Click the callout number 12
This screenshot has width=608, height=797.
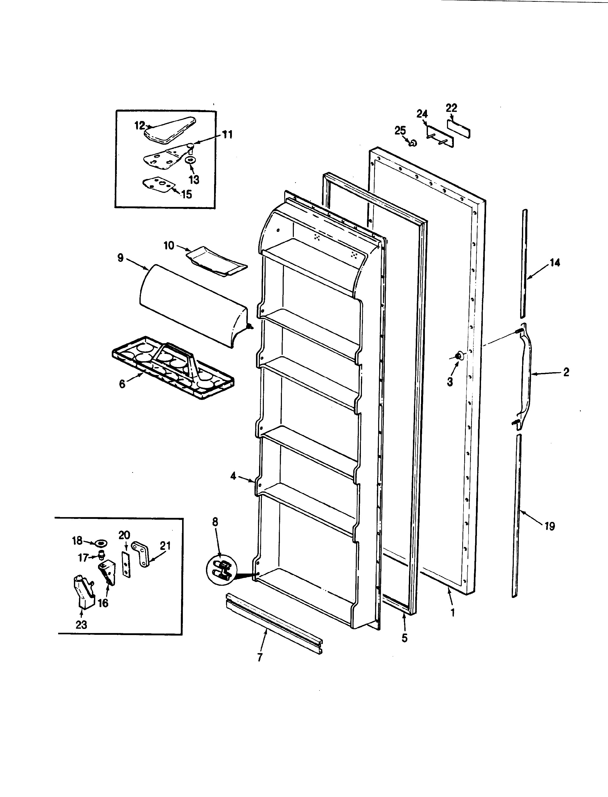(139, 126)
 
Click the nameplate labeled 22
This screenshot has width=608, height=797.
(459, 129)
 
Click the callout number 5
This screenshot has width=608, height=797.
(404, 648)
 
